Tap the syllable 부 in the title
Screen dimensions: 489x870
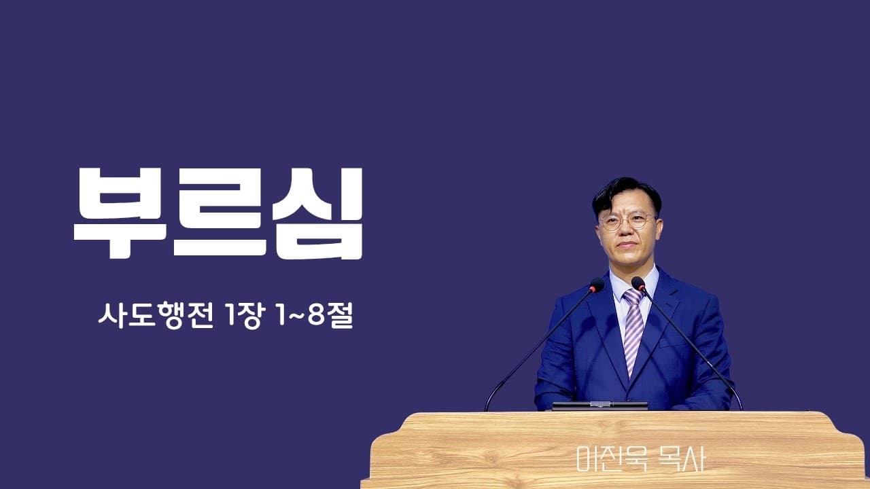[120, 212]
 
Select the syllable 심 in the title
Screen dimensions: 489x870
[317, 212]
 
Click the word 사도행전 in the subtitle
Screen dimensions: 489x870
[160, 316]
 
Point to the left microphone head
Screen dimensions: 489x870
[597, 285]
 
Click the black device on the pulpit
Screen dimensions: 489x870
[599, 406]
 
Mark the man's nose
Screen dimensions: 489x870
[627, 231]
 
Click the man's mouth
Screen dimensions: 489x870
[627, 245]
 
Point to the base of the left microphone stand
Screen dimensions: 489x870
[487, 407]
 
